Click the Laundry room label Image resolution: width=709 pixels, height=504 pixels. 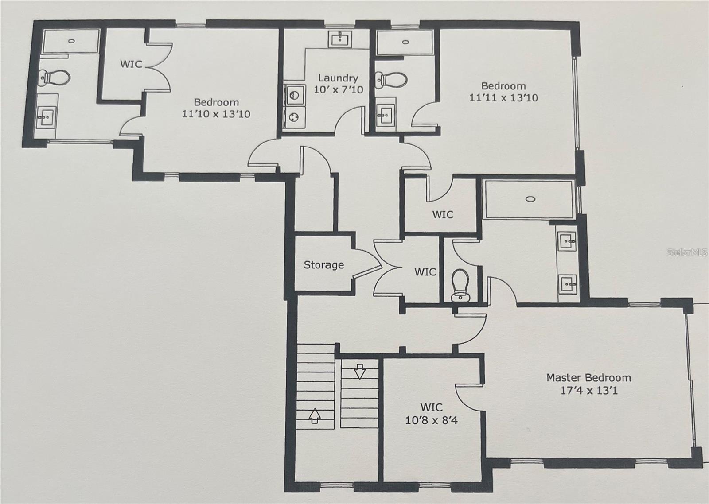coord(338,78)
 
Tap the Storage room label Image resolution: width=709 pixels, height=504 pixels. coord(323,265)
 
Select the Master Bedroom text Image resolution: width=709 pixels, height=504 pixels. coord(588,378)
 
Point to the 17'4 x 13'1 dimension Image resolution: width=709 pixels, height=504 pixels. coord(588,391)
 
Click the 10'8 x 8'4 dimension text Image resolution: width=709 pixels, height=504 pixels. coord(431,420)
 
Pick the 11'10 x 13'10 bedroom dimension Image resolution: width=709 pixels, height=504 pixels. coord(216,114)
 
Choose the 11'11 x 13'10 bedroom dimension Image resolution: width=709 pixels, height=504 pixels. coord(503,97)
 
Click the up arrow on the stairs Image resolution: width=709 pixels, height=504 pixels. coord(314,416)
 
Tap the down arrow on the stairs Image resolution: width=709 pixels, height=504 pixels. coord(360,371)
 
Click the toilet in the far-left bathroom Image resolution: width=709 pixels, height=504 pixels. coord(54,78)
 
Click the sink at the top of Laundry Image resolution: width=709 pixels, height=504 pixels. coord(340,39)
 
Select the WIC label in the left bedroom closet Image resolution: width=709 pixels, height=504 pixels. coord(131,64)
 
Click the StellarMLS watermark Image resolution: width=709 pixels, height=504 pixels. coord(687,252)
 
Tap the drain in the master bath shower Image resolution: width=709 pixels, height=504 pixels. coord(530,199)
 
